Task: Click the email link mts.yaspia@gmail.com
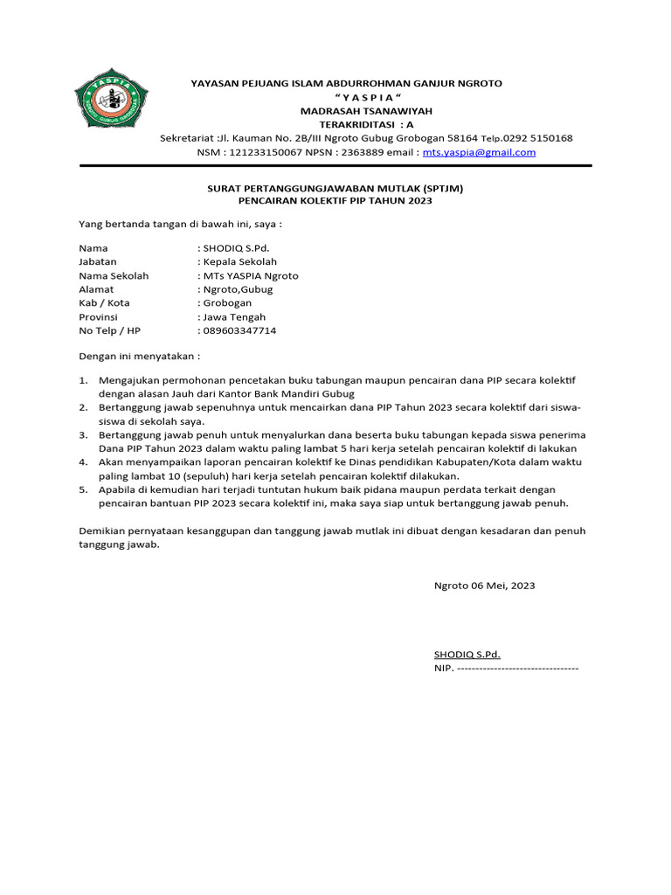(x=479, y=152)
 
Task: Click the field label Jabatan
(x=97, y=262)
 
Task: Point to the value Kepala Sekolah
(x=239, y=262)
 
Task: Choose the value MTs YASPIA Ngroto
(x=250, y=276)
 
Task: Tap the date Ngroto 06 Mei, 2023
(x=484, y=586)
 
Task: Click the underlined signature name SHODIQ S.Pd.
(x=467, y=655)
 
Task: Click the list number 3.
(x=83, y=434)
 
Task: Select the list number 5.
(x=83, y=489)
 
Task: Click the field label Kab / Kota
(x=104, y=303)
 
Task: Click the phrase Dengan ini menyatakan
(x=139, y=357)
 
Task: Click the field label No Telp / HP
(x=109, y=331)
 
